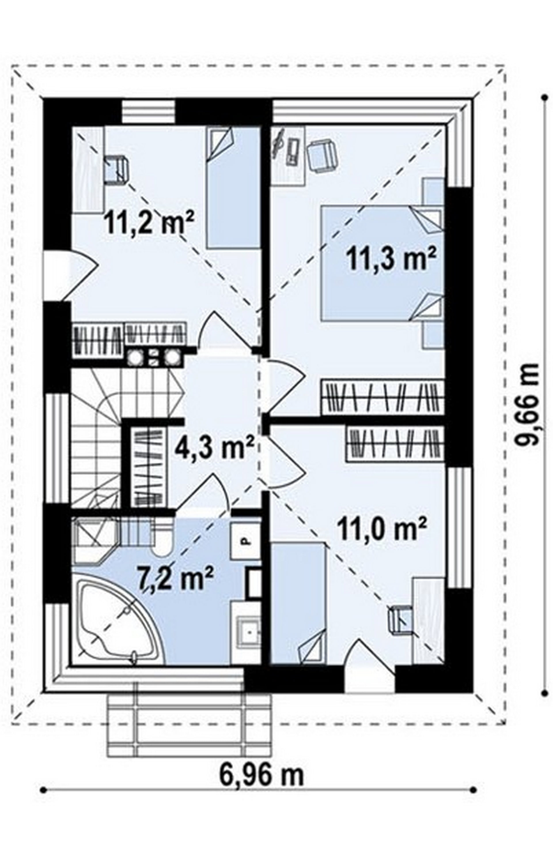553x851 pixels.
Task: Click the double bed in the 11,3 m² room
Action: (383, 263)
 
